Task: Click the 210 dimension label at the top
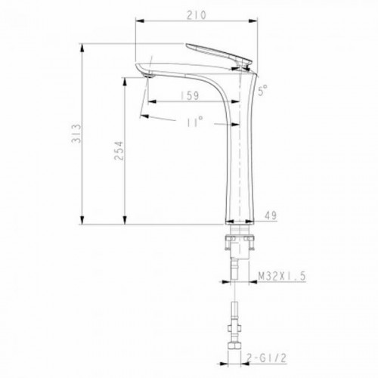[197, 15]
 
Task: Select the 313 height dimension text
[76, 133]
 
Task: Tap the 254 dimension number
[119, 150]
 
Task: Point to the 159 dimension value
[190, 95]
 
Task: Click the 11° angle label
[194, 121]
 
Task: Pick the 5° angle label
[262, 90]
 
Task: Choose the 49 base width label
[271, 215]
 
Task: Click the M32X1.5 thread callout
[282, 277]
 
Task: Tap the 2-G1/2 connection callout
[267, 358]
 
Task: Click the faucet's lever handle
[218, 54]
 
